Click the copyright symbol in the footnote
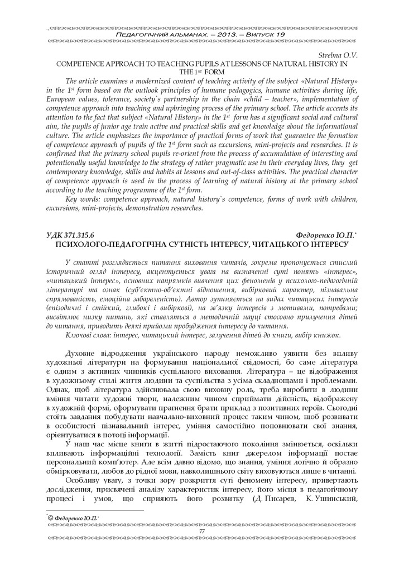pos(50,519)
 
